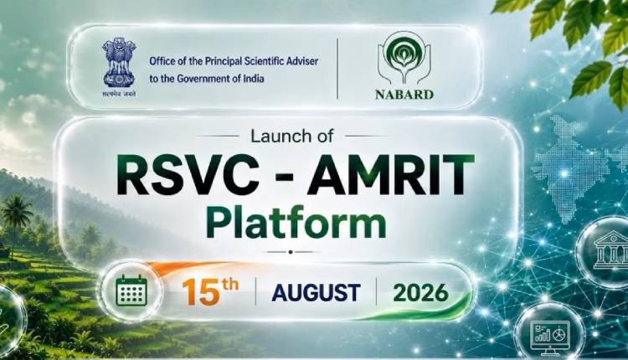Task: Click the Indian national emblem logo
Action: (119, 64)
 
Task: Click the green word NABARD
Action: (404, 95)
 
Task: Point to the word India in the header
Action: (254, 79)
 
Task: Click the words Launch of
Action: (291, 136)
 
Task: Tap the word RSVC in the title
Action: (185, 176)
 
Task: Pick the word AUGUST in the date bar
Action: (316, 293)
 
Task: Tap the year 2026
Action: (420, 293)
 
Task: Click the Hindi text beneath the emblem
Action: (119, 94)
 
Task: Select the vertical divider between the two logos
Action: (337, 69)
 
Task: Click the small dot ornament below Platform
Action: (291, 252)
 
